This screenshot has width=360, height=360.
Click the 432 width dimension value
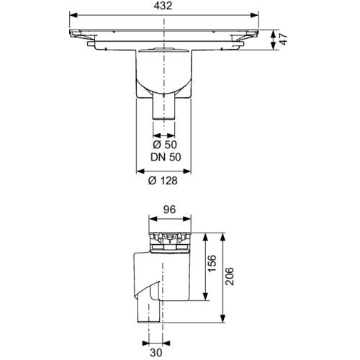[163, 6]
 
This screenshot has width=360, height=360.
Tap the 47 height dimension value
[284, 40]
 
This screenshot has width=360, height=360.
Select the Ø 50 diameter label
[165, 145]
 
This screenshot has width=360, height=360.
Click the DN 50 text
[166, 157]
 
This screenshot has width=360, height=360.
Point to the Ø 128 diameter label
[163, 181]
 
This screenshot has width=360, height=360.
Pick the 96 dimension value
[170, 210]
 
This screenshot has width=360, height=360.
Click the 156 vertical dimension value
[212, 264]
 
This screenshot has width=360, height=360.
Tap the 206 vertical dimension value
[230, 276]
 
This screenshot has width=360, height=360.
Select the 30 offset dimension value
[156, 353]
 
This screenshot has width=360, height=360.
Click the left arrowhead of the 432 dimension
[73, 15]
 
